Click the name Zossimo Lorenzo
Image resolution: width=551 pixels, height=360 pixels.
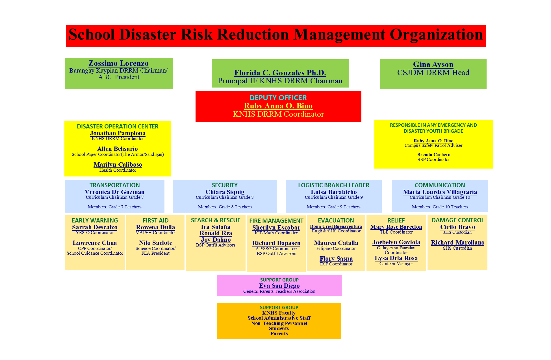(118, 63)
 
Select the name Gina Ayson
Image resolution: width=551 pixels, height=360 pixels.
(433, 64)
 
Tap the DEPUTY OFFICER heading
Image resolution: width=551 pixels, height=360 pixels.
(278, 98)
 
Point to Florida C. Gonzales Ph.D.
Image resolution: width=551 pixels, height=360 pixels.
(280, 73)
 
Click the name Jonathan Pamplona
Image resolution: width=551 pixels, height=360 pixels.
(118, 133)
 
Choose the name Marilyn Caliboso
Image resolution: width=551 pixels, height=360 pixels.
(118, 164)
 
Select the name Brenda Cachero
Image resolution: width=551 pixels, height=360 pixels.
(433, 154)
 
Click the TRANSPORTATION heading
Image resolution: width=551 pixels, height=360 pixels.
(114, 185)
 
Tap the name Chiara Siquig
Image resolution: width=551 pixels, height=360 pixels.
(225, 192)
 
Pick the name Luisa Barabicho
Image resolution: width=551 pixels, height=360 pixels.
(334, 192)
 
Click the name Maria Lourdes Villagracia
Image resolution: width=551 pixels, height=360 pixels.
(440, 192)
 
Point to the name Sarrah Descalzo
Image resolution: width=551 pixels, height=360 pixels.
(95, 227)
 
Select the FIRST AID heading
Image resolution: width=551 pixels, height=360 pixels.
(155, 221)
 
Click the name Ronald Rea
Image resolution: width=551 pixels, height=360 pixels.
(216, 233)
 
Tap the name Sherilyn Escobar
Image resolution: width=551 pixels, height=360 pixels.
(276, 228)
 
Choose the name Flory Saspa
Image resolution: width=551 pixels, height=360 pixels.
(336, 259)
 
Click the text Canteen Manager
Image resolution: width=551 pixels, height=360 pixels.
(396, 264)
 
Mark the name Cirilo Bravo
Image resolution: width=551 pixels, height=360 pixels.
(457, 227)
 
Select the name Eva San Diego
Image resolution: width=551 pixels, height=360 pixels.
(279, 286)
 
